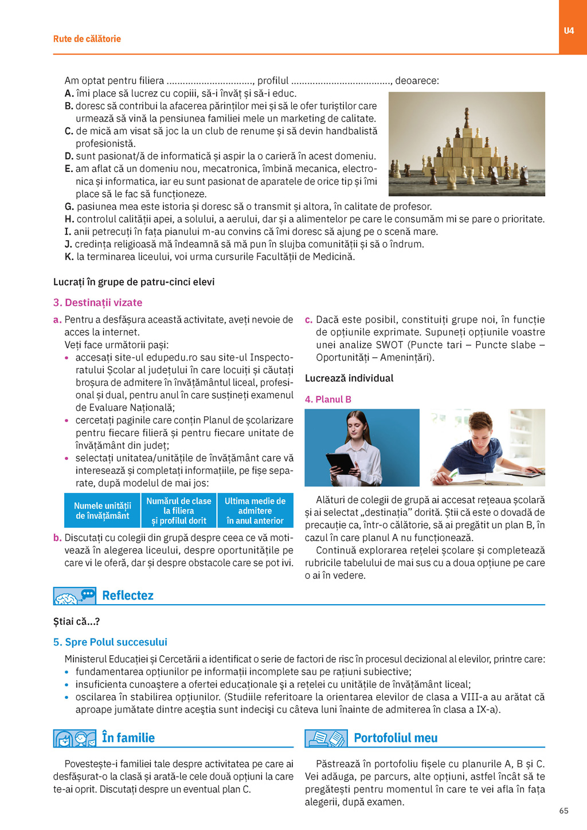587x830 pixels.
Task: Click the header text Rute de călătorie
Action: pos(87,39)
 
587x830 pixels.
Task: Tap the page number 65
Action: pos(563,811)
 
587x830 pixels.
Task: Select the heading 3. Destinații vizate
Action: pos(97,303)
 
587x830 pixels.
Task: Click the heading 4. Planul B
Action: pos(328,400)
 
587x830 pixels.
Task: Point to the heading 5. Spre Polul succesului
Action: pos(110,642)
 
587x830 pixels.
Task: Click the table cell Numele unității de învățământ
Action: pos(102,511)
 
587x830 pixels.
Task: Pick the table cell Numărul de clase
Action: pos(178,511)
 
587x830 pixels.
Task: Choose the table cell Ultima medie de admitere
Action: pos(255,511)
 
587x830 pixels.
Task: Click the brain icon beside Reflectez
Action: pos(67,598)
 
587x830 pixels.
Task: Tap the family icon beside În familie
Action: pos(75,739)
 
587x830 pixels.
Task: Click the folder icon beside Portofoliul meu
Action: pos(326,739)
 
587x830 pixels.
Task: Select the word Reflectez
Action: pos(128,596)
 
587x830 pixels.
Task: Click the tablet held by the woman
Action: pos(341,463)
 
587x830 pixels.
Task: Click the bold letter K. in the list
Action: pos(69,257)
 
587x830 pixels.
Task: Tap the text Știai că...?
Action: pos(77,621)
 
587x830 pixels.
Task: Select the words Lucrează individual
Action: pos(349,378)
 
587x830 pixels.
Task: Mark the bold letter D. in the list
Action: pos(69,156)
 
